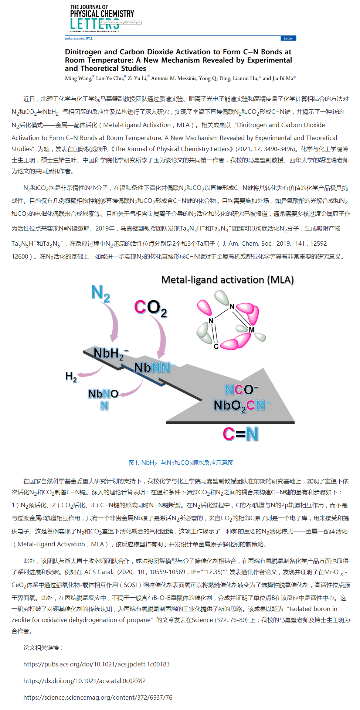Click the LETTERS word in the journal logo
pyautogui.click(x=95, y=24)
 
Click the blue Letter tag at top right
pyautogui.click(x=288, y=38)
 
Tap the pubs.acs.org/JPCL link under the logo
pyautogui.click(x=79, y=38)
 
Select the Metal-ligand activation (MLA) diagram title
pyautogui.click(x=227, y=280)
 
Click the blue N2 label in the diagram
pyautogui.click(x=101, y=293)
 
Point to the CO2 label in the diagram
pyautogui.click(x=150, y=308)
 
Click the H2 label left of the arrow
pyautogui.click(x=71, y=377)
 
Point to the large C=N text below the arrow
pyautogui.click(x=240, y=434)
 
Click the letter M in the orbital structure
pyautogui.click(x=252, y=330)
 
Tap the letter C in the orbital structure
pyautogui.click(x=216, y=347)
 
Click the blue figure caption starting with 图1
pyautogui.click(x=181, y=463)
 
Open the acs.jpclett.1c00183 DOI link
pyautogui.click(x=96, y=664)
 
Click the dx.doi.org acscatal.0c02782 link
pyautogui.click(x=84, y=681)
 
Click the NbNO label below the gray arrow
pyautogui.click(x=103, y=394)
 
